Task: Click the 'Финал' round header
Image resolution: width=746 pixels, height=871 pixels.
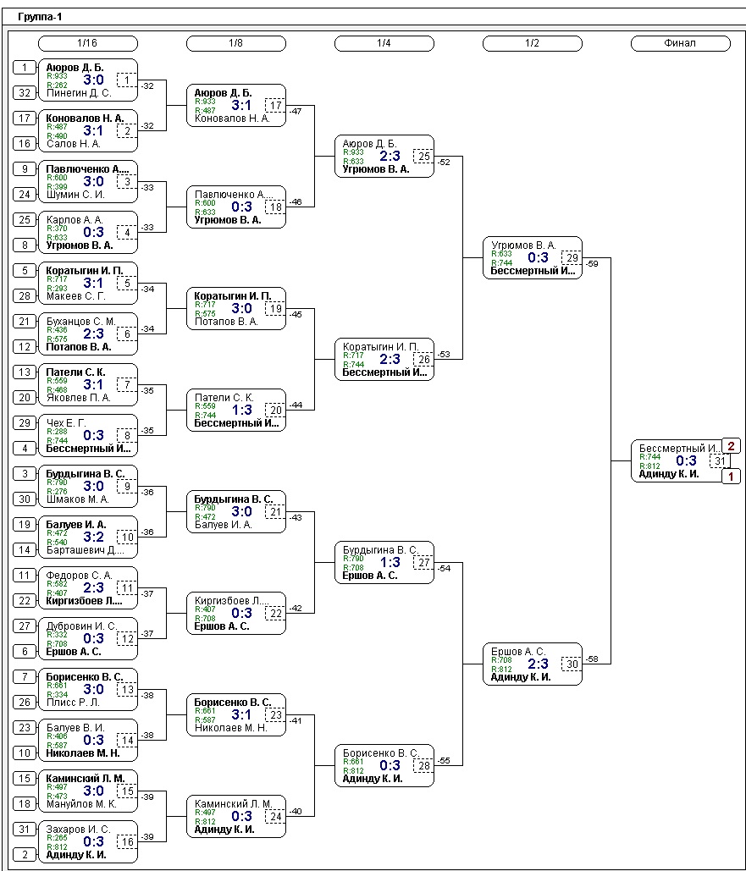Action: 680,43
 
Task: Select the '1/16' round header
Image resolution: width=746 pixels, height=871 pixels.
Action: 87,43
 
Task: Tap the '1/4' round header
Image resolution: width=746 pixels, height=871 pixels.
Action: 384,43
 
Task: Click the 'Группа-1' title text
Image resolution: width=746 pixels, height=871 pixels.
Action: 40,16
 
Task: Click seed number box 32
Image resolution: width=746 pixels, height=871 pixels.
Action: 25,93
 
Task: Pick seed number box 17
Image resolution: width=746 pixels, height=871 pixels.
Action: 25,119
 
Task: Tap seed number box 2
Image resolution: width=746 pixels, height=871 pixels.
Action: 25,855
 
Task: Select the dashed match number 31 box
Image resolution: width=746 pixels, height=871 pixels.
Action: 719,460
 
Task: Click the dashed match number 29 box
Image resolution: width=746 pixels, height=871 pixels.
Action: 572,257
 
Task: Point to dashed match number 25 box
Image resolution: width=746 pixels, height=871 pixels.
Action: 423,156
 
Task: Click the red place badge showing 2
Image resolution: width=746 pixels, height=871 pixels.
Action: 732,446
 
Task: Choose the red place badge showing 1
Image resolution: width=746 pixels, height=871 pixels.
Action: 732,476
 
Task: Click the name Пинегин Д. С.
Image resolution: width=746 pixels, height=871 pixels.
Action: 80,93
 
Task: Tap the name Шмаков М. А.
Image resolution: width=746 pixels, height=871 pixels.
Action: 78,499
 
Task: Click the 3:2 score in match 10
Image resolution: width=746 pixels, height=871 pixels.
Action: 93,537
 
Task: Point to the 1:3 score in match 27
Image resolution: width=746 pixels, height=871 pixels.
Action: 390,562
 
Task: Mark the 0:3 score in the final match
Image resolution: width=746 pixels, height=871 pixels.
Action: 686,460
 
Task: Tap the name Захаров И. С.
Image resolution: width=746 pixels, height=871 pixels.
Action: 79,830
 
